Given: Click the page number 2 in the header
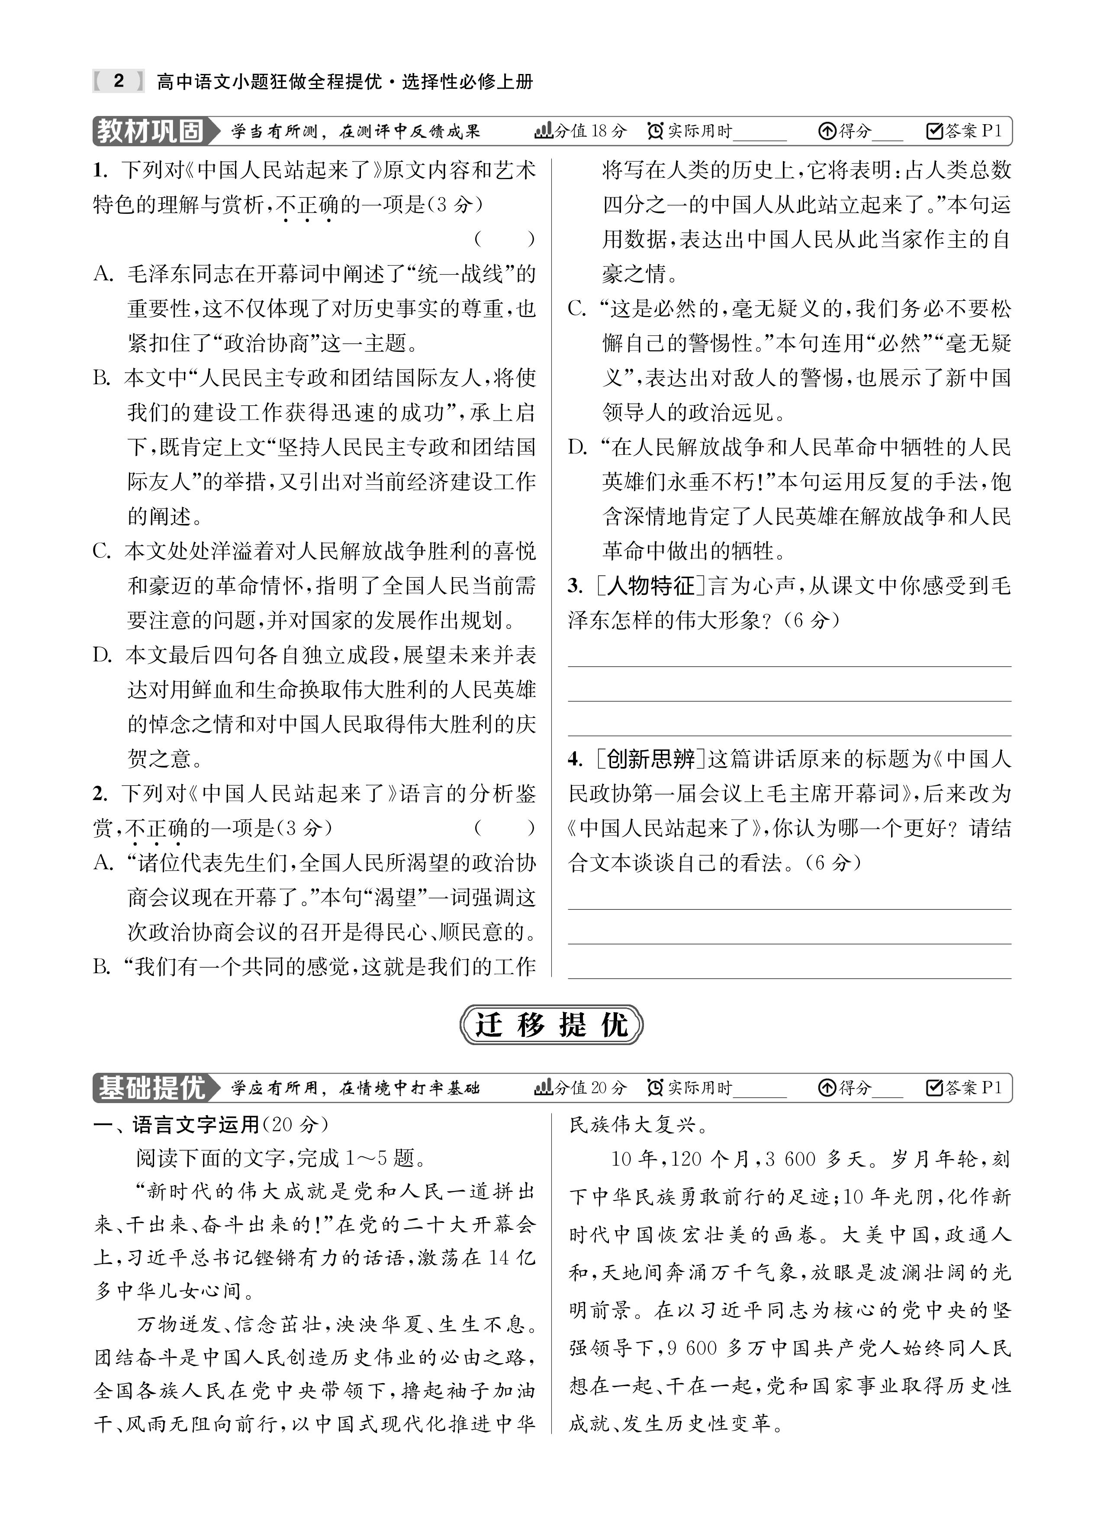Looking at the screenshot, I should coord(119,81).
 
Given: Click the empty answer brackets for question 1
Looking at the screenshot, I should coord(505,239).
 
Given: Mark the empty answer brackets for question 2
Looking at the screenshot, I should coord(505,828).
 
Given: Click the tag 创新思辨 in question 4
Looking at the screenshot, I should coord(651,759).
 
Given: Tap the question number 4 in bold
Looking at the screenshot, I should coord(575,759).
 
